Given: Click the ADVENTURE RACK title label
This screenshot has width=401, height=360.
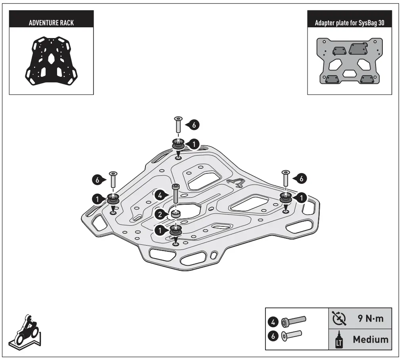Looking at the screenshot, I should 51,22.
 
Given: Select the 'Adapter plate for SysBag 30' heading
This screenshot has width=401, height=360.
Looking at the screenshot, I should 349,22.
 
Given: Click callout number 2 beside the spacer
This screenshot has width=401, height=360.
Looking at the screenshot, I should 159,215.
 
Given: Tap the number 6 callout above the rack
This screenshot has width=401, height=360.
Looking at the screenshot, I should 194,124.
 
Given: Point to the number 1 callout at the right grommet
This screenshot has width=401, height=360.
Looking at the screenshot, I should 301,197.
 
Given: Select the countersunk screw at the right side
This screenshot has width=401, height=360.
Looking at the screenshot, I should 285,179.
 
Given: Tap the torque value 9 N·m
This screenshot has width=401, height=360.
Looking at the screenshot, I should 370,318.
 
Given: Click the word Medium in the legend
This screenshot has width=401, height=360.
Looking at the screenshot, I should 370,339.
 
